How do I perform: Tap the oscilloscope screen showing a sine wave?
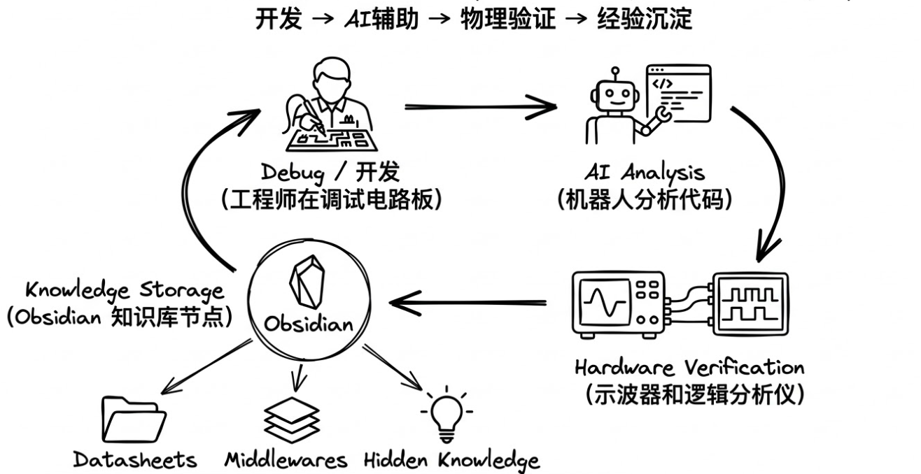603,303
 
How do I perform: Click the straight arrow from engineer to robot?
479,106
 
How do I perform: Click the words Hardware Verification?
689,367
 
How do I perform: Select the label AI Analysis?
645,172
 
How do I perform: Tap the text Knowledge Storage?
125,289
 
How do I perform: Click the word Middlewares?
286,460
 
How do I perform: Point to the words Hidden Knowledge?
452,460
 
